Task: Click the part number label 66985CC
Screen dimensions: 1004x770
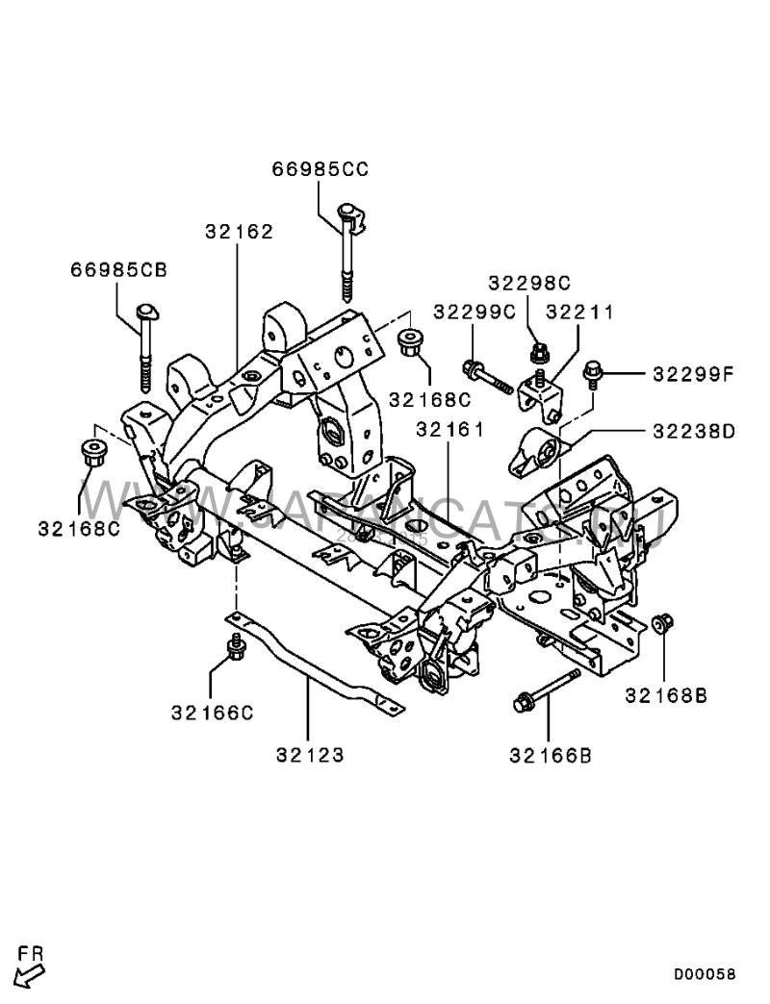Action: pos(321,170)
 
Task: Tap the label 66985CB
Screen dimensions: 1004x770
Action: pos(118,270)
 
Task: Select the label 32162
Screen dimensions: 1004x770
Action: pos(239,232)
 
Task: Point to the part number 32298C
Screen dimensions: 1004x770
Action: pos(529,283)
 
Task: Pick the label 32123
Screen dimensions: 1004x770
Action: pos(311,755)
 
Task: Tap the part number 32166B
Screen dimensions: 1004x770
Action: pos(552,755)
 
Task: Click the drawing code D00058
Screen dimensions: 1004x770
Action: pos(704,974)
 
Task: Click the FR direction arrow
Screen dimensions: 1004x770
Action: pos(30,975)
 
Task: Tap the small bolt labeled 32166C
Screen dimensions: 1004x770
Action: pos(234,647)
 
